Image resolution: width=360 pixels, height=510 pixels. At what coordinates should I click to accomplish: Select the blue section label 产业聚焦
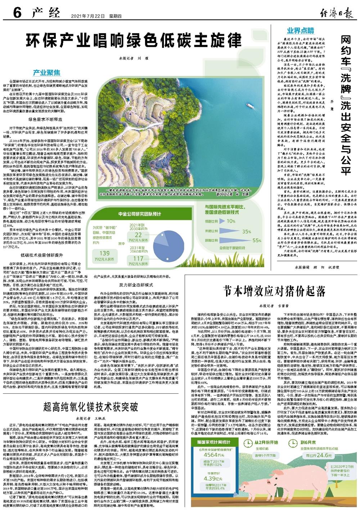point(49,72)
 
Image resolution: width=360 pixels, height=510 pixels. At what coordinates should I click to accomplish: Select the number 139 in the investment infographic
point(105,253)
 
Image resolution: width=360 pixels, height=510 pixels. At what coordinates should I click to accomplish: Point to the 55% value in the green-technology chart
point(257,240)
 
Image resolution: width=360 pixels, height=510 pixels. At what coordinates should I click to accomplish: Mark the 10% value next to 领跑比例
point(230,221)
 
